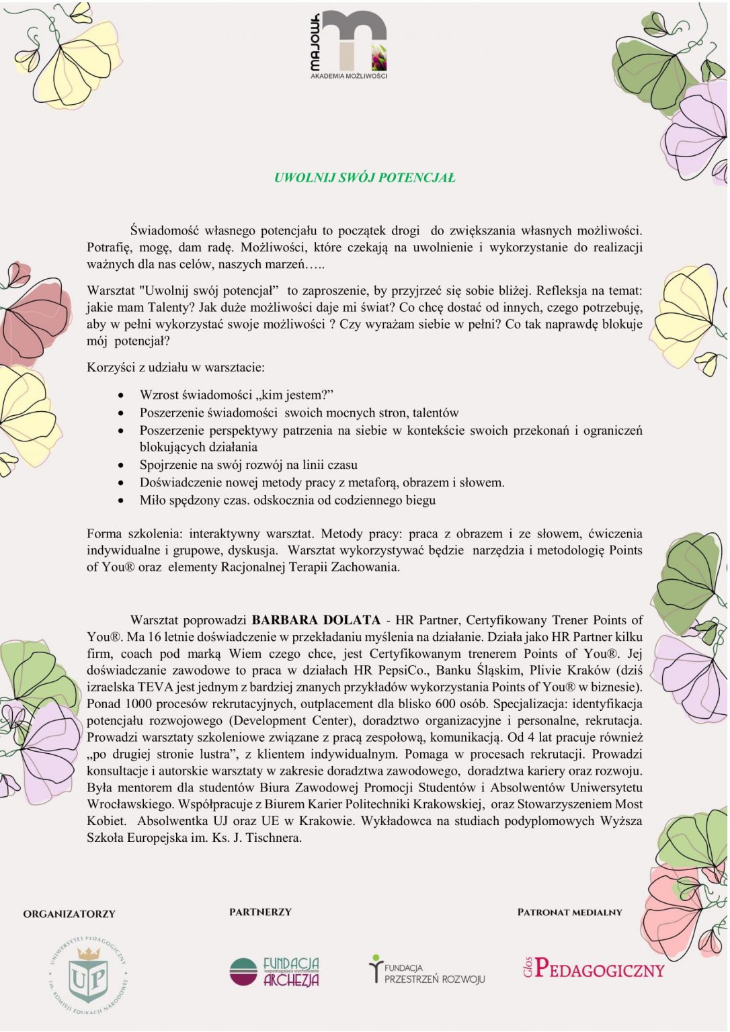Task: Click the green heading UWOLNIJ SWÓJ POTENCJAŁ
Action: tap(364, 178)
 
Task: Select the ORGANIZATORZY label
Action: tap(69, 914)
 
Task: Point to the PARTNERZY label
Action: tap(260, 912)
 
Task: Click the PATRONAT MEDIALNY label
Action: tap(569, 912)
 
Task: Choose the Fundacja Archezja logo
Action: tap(274, 972)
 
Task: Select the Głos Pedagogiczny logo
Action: tap(594, 968)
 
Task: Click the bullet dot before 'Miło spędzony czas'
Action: tap(121, 501)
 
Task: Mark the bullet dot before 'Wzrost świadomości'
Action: tap(121, 395)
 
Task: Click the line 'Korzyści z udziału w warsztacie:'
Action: tap(175, 368)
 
